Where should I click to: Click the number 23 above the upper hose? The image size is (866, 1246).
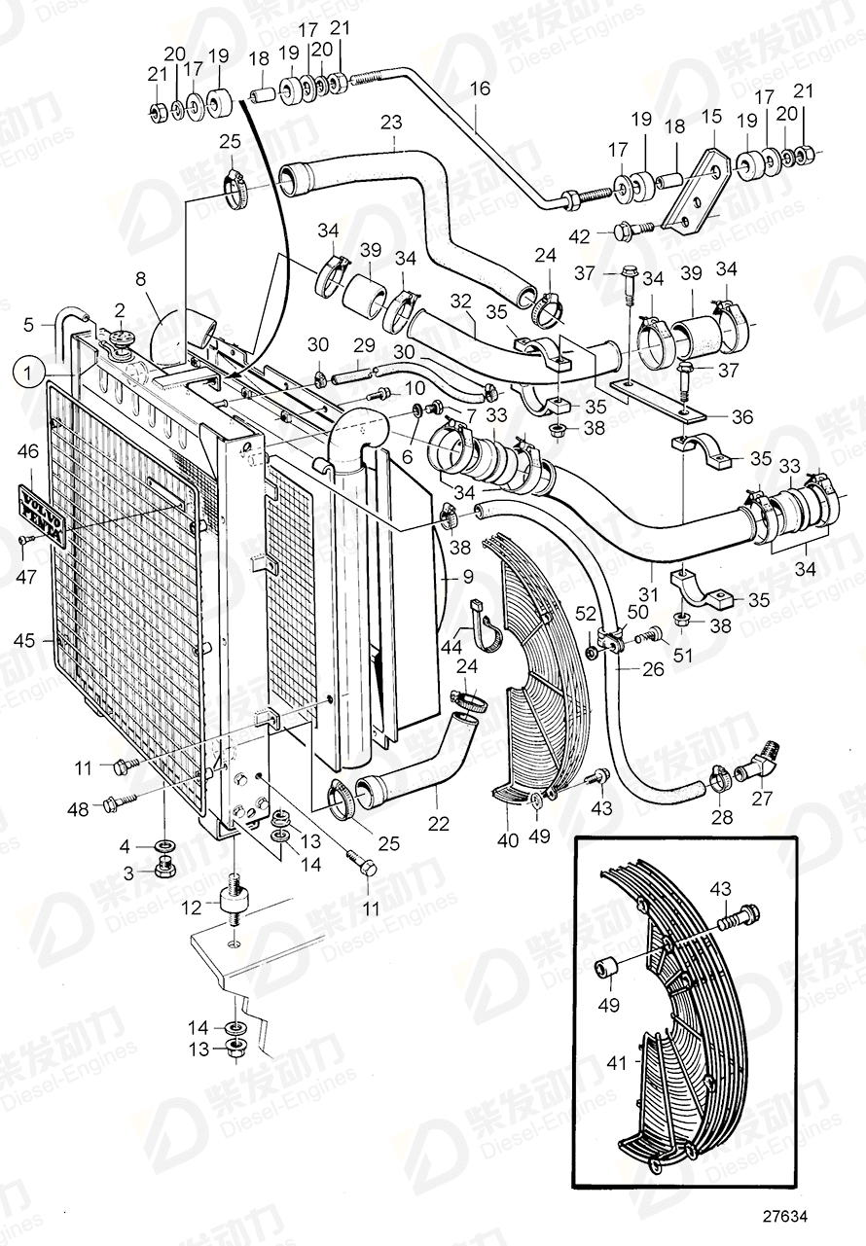(392, 123)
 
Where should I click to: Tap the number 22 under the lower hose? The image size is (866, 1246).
(440, 823)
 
